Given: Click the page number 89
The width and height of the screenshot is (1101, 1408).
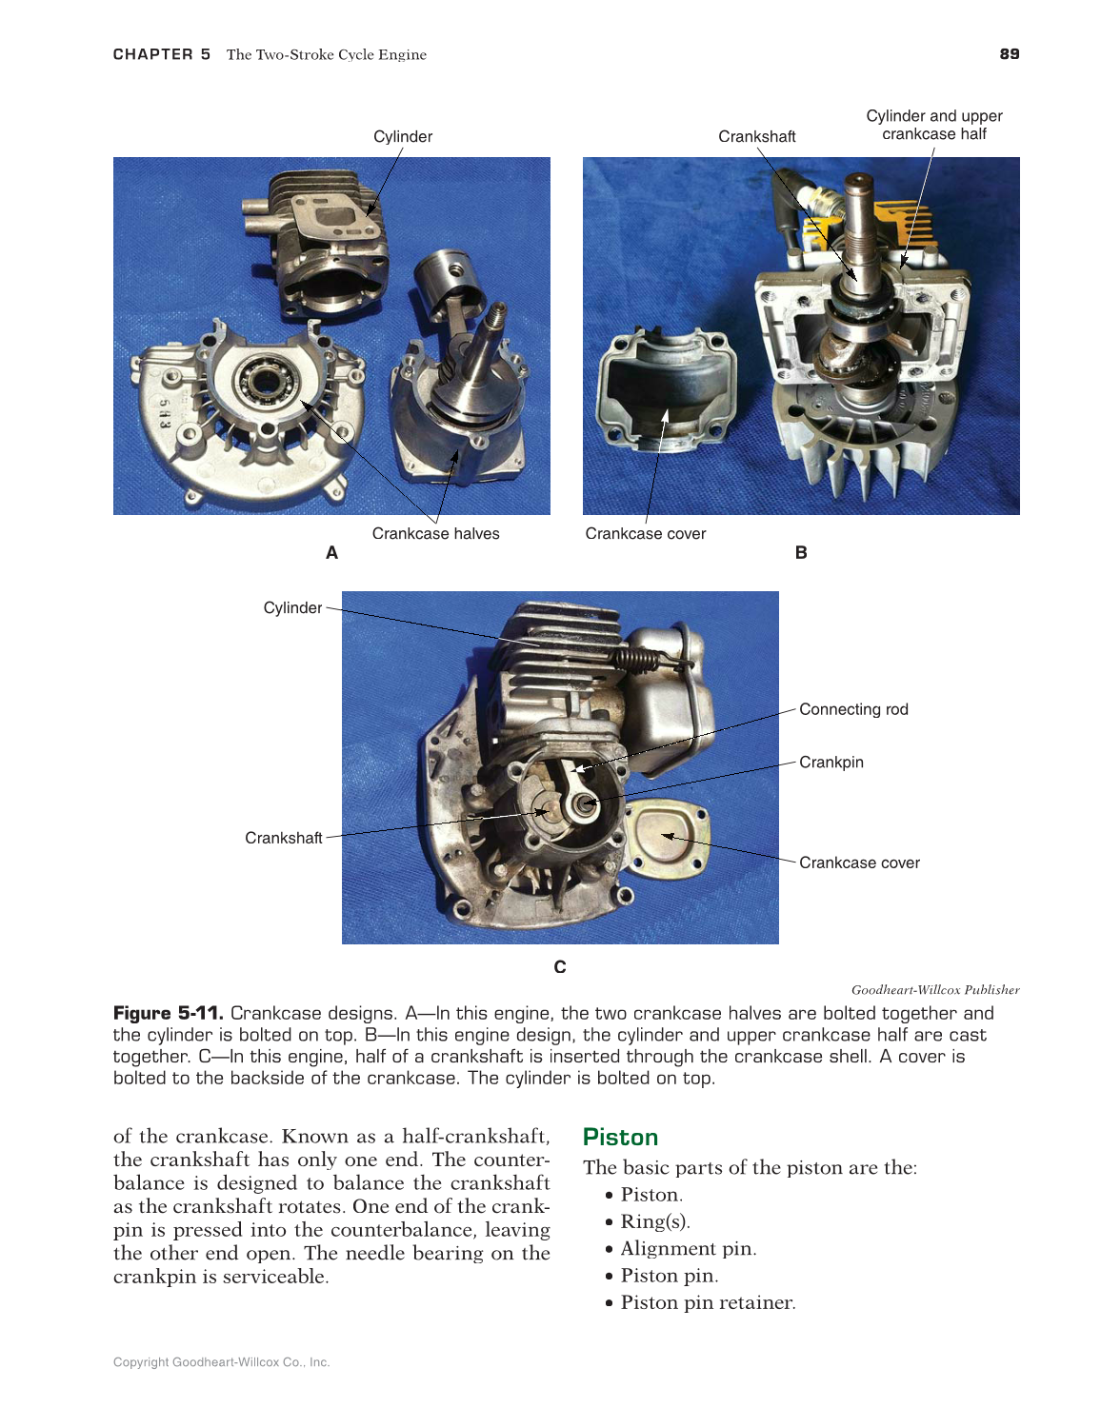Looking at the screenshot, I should tap(1009, 54).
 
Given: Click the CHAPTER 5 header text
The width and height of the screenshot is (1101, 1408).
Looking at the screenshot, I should tap(161, 54).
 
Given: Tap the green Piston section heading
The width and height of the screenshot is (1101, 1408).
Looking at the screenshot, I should tap(620, 1138).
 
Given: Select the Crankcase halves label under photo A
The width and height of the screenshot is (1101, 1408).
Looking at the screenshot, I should tap(435, 534).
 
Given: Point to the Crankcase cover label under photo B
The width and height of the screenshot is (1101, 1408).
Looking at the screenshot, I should tap(645, 534).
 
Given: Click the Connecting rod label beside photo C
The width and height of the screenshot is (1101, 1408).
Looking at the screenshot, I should tap(853, 709).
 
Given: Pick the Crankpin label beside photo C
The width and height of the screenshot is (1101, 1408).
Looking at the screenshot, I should tap(831, 763).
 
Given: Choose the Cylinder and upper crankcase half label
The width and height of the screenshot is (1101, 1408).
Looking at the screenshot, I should tap(933, 125).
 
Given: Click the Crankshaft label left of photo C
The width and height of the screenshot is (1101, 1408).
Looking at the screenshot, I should tap(283, 838).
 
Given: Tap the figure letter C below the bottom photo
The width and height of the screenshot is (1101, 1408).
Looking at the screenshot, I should tap(560, 967).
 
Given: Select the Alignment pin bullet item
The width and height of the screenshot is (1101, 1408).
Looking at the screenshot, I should tap(688, 1249).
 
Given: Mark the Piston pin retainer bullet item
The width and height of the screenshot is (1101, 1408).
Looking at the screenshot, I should tap(708, 1303).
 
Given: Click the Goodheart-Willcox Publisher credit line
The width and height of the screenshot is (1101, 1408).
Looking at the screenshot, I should tap(934, 990).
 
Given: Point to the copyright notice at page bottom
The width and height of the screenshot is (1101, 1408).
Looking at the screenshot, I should tap(221, 1362).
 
